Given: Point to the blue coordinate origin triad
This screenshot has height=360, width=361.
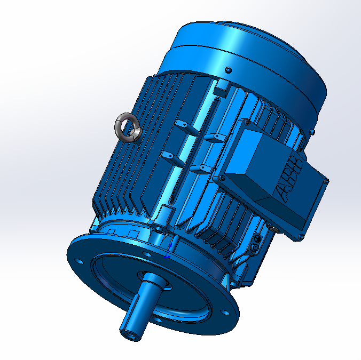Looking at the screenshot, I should coord(167,255).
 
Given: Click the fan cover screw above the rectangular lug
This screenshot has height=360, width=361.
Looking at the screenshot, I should coord(229,69).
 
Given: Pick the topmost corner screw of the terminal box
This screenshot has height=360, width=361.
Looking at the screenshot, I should coord(247,123).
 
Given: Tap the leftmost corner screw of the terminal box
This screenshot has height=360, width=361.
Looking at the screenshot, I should coord(220,178).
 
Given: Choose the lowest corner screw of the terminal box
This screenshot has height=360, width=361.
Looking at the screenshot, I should coord(301,237).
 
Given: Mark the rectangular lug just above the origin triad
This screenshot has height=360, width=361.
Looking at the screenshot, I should coord(167,210).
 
